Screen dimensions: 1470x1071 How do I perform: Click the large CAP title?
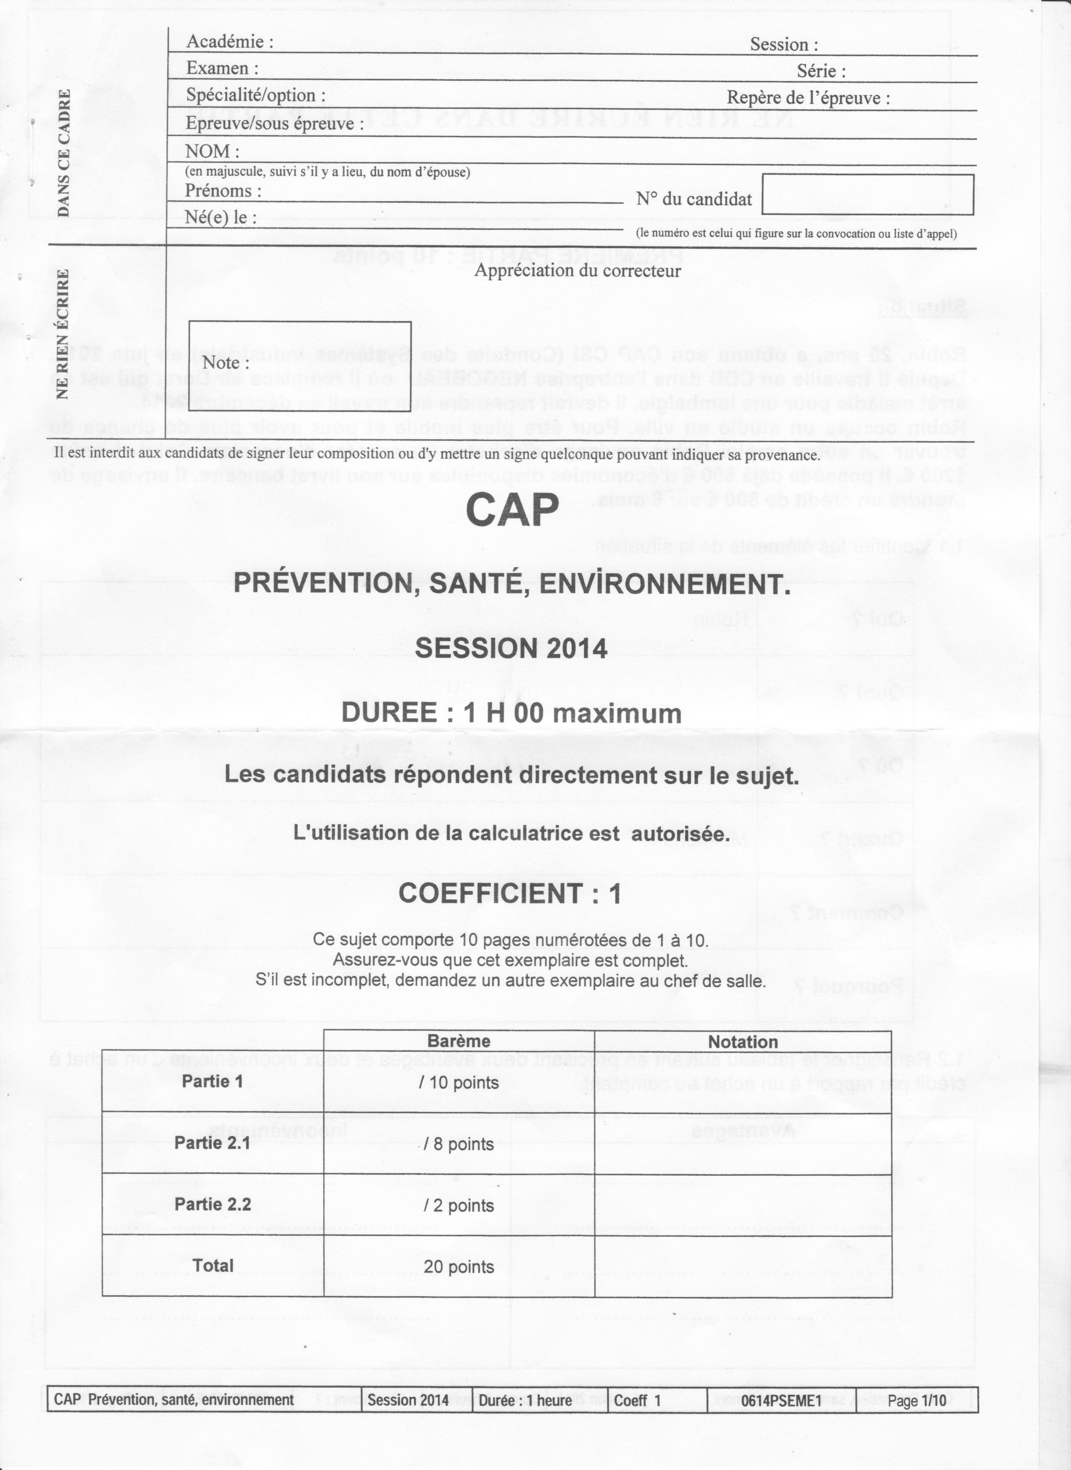[512, 510]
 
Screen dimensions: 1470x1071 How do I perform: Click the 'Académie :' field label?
[229, 42]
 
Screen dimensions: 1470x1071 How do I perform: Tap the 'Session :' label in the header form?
[783, 45]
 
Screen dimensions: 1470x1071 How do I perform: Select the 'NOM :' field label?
[212, 151]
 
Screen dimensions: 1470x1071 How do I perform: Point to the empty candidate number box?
[867, 194]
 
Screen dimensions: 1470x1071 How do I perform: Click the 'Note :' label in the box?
[226, 362]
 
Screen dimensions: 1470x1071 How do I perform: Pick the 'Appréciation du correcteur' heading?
[577, 270]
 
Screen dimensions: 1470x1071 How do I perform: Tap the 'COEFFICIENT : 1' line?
[509, 894]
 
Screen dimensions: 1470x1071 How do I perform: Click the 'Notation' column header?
[742, 1042]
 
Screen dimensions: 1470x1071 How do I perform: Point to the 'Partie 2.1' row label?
[212, 1142]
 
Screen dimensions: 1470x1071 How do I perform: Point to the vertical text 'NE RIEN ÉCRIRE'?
[63, 334]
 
